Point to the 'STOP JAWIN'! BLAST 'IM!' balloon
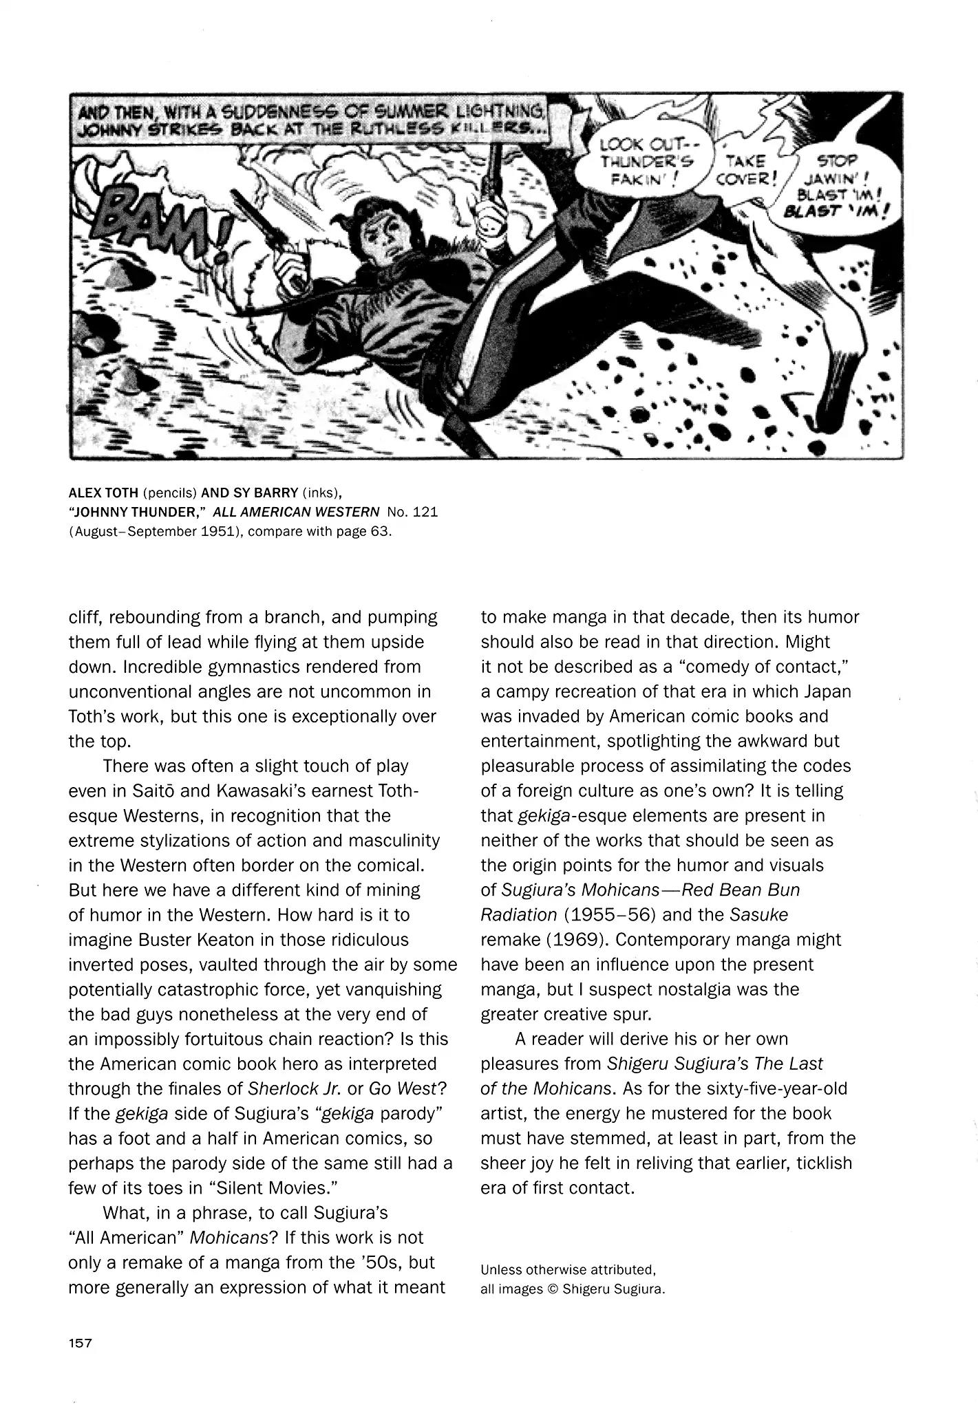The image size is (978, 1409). [x=836, y=186]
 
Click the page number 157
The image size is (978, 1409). [x=80, y=1342]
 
